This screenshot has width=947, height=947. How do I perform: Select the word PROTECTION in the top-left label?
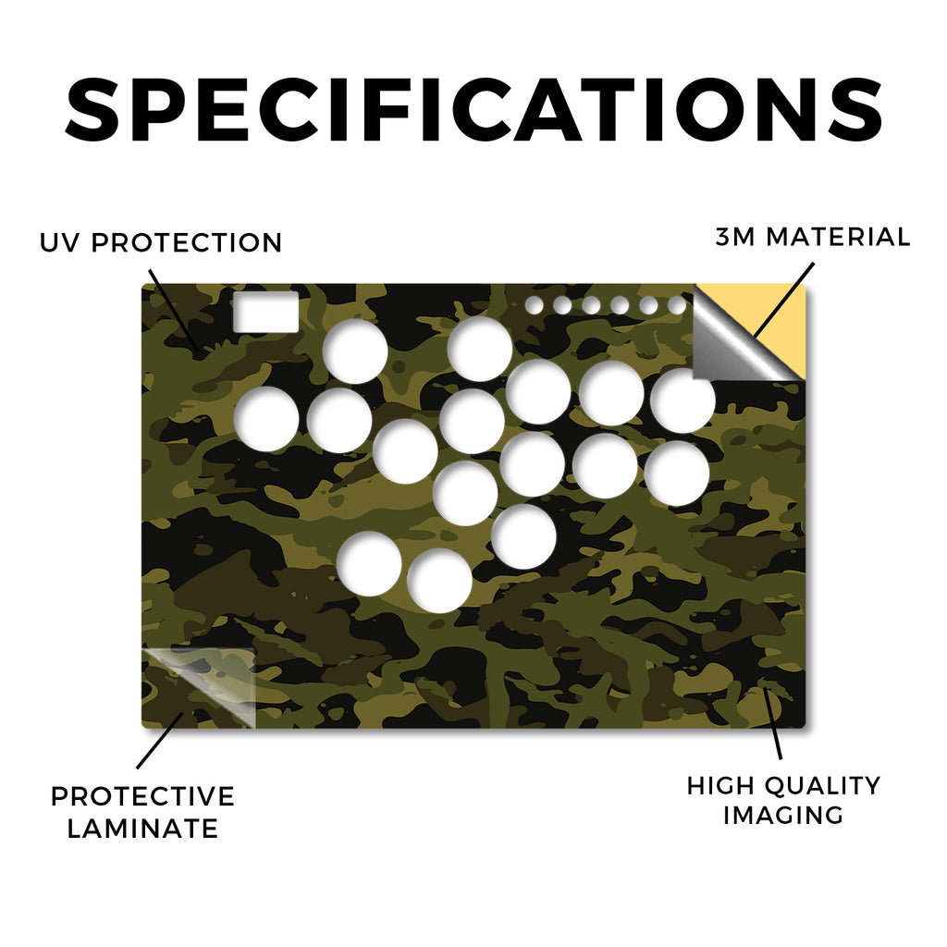187,243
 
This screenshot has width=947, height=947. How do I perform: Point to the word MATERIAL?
838,237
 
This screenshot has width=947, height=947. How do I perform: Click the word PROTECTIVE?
142,796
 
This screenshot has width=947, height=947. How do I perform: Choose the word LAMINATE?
142,828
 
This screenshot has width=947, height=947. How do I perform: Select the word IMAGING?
783,816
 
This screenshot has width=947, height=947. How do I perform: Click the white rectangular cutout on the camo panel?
265,312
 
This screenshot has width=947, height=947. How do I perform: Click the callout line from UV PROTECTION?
173,309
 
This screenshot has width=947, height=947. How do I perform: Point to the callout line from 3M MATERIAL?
783,300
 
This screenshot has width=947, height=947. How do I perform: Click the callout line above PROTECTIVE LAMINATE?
160,741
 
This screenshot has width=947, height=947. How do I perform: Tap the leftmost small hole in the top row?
534,305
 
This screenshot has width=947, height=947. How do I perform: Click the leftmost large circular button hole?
266,419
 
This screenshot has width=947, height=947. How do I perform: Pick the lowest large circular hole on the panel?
439,581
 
